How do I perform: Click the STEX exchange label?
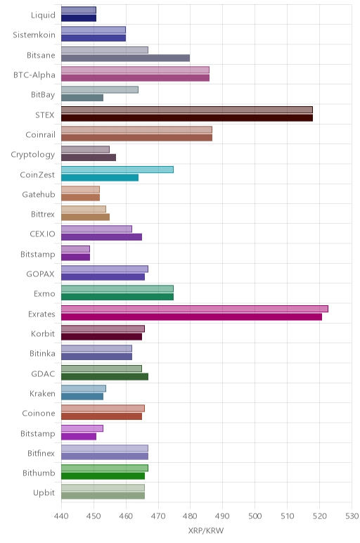click(45, 115)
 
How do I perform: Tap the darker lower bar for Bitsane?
click(125, 58)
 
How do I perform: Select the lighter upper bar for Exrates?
click(195, 309)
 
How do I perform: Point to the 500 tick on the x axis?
click(255, 516)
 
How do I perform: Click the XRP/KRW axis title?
click(206, 530)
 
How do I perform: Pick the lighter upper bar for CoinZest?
click(117, 170)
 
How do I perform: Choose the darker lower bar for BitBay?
click(82, 98)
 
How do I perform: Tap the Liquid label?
click(43, 15)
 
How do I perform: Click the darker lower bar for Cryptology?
click(89, 158)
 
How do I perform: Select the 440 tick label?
click(61, 516)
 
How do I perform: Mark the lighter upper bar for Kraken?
click(84, 388)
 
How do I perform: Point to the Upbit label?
click(44, 493)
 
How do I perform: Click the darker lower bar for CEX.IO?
click(101, 237)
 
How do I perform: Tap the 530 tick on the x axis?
click(352, 516)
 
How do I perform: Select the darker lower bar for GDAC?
click(105, 376)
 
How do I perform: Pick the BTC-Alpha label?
click(34, 75)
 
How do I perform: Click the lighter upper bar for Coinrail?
click(136, 129)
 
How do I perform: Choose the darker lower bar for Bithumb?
click(103, 475)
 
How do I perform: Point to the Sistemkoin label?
click(34, 35)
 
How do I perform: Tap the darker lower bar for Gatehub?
click(80, 198)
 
